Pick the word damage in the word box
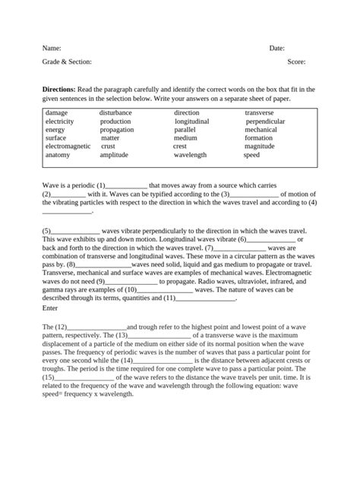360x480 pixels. (x=56, y=113)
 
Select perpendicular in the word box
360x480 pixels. (x=265, y=122)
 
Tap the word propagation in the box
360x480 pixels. (x=117, y=130)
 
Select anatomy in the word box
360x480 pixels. (x=58, y=155)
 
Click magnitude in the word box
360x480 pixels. (x=260, y=147)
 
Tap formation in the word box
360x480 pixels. (x=259, y=138)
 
